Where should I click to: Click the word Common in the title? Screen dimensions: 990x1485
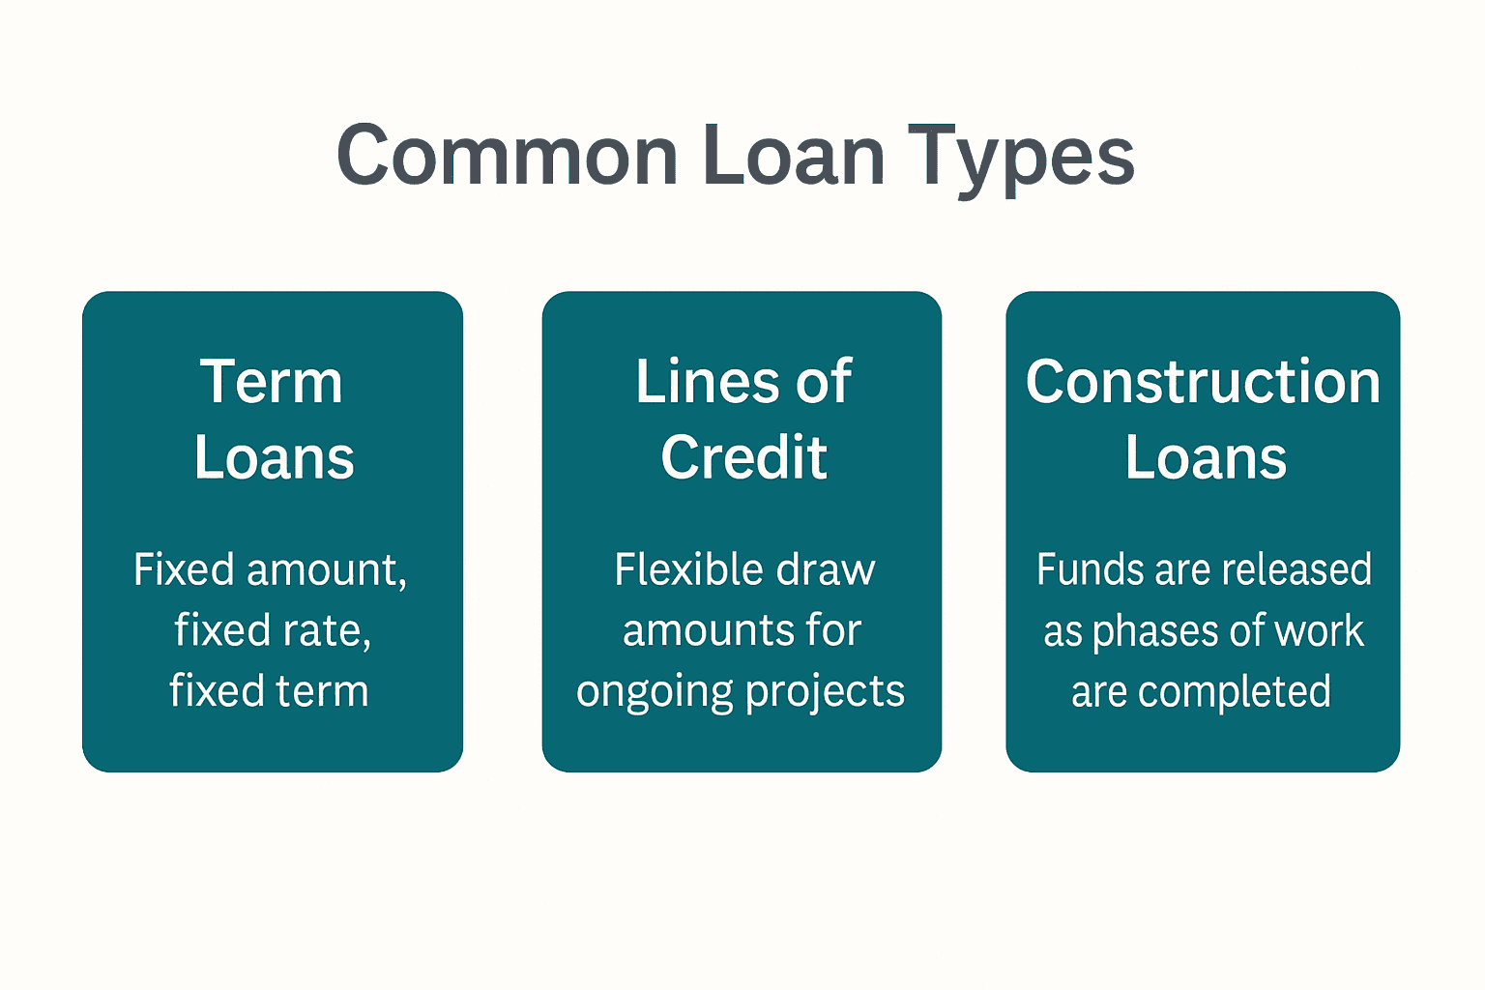507,157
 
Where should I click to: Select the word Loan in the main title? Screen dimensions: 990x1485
793,157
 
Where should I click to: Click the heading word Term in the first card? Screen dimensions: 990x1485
272,382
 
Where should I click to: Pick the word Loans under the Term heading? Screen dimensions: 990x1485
274,457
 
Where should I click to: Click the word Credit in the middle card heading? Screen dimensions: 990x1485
743,457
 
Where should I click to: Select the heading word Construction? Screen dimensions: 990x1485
1203,382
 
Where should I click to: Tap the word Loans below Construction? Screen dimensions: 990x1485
1206,457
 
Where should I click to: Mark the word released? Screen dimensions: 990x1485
1296,569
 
